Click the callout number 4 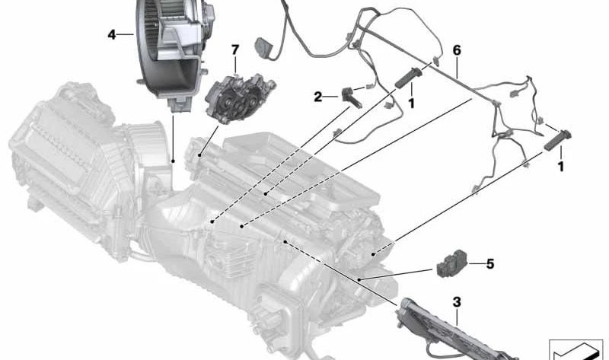tap(112, 35)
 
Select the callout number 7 tap(235, 49)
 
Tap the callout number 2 tap(318, 97)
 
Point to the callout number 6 tap(457, 50)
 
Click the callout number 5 tap(490, 264)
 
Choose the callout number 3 tap(457, 301)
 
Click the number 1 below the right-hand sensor tap(560, 167)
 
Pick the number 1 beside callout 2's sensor tap(411, 104)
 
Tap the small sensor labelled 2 tap(351, 97)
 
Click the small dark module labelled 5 tap(451, 263)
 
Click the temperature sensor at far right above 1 tap(558, 140)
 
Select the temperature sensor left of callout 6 tap(408, 78)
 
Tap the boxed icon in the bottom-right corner tap(576, 349)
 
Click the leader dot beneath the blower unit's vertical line tap(173, 161)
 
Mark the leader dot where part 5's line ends tap(359, 279)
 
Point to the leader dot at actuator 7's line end tap(199, 155)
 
